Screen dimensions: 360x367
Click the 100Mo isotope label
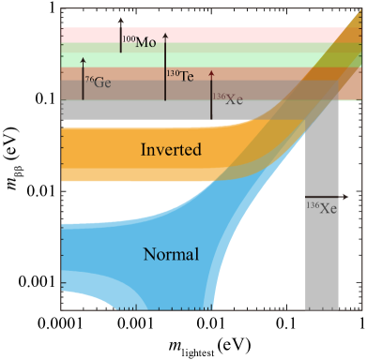coord(140,42)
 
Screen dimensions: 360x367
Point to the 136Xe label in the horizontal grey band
coord(227,97)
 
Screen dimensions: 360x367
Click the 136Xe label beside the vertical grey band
coord(322,207)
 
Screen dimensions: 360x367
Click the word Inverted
coord(171,149)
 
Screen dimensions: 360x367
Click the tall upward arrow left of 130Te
coord(165,66)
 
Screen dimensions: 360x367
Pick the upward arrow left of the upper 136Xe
coord(212,94)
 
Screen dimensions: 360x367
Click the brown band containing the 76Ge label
coord(141,88)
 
